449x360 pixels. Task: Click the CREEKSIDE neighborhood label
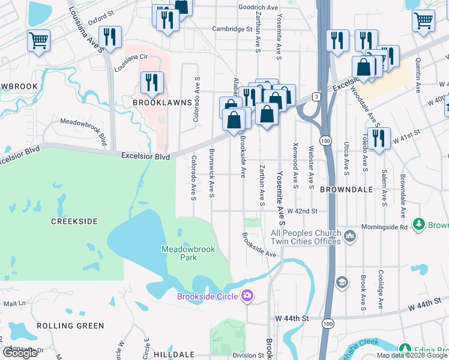tap(74, 221)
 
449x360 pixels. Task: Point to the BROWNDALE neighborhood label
tap(347, 190)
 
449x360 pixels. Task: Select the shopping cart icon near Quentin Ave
tap(423, 21)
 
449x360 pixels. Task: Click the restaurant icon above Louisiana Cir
tap(109, 37)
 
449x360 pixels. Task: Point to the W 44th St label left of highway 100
tap(291, 317)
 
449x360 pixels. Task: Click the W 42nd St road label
tap(301, 212)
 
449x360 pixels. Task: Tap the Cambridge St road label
tap(232, 29)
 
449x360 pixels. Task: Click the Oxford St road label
tap(101, 18)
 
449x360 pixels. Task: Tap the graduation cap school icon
tap(342, 282)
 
